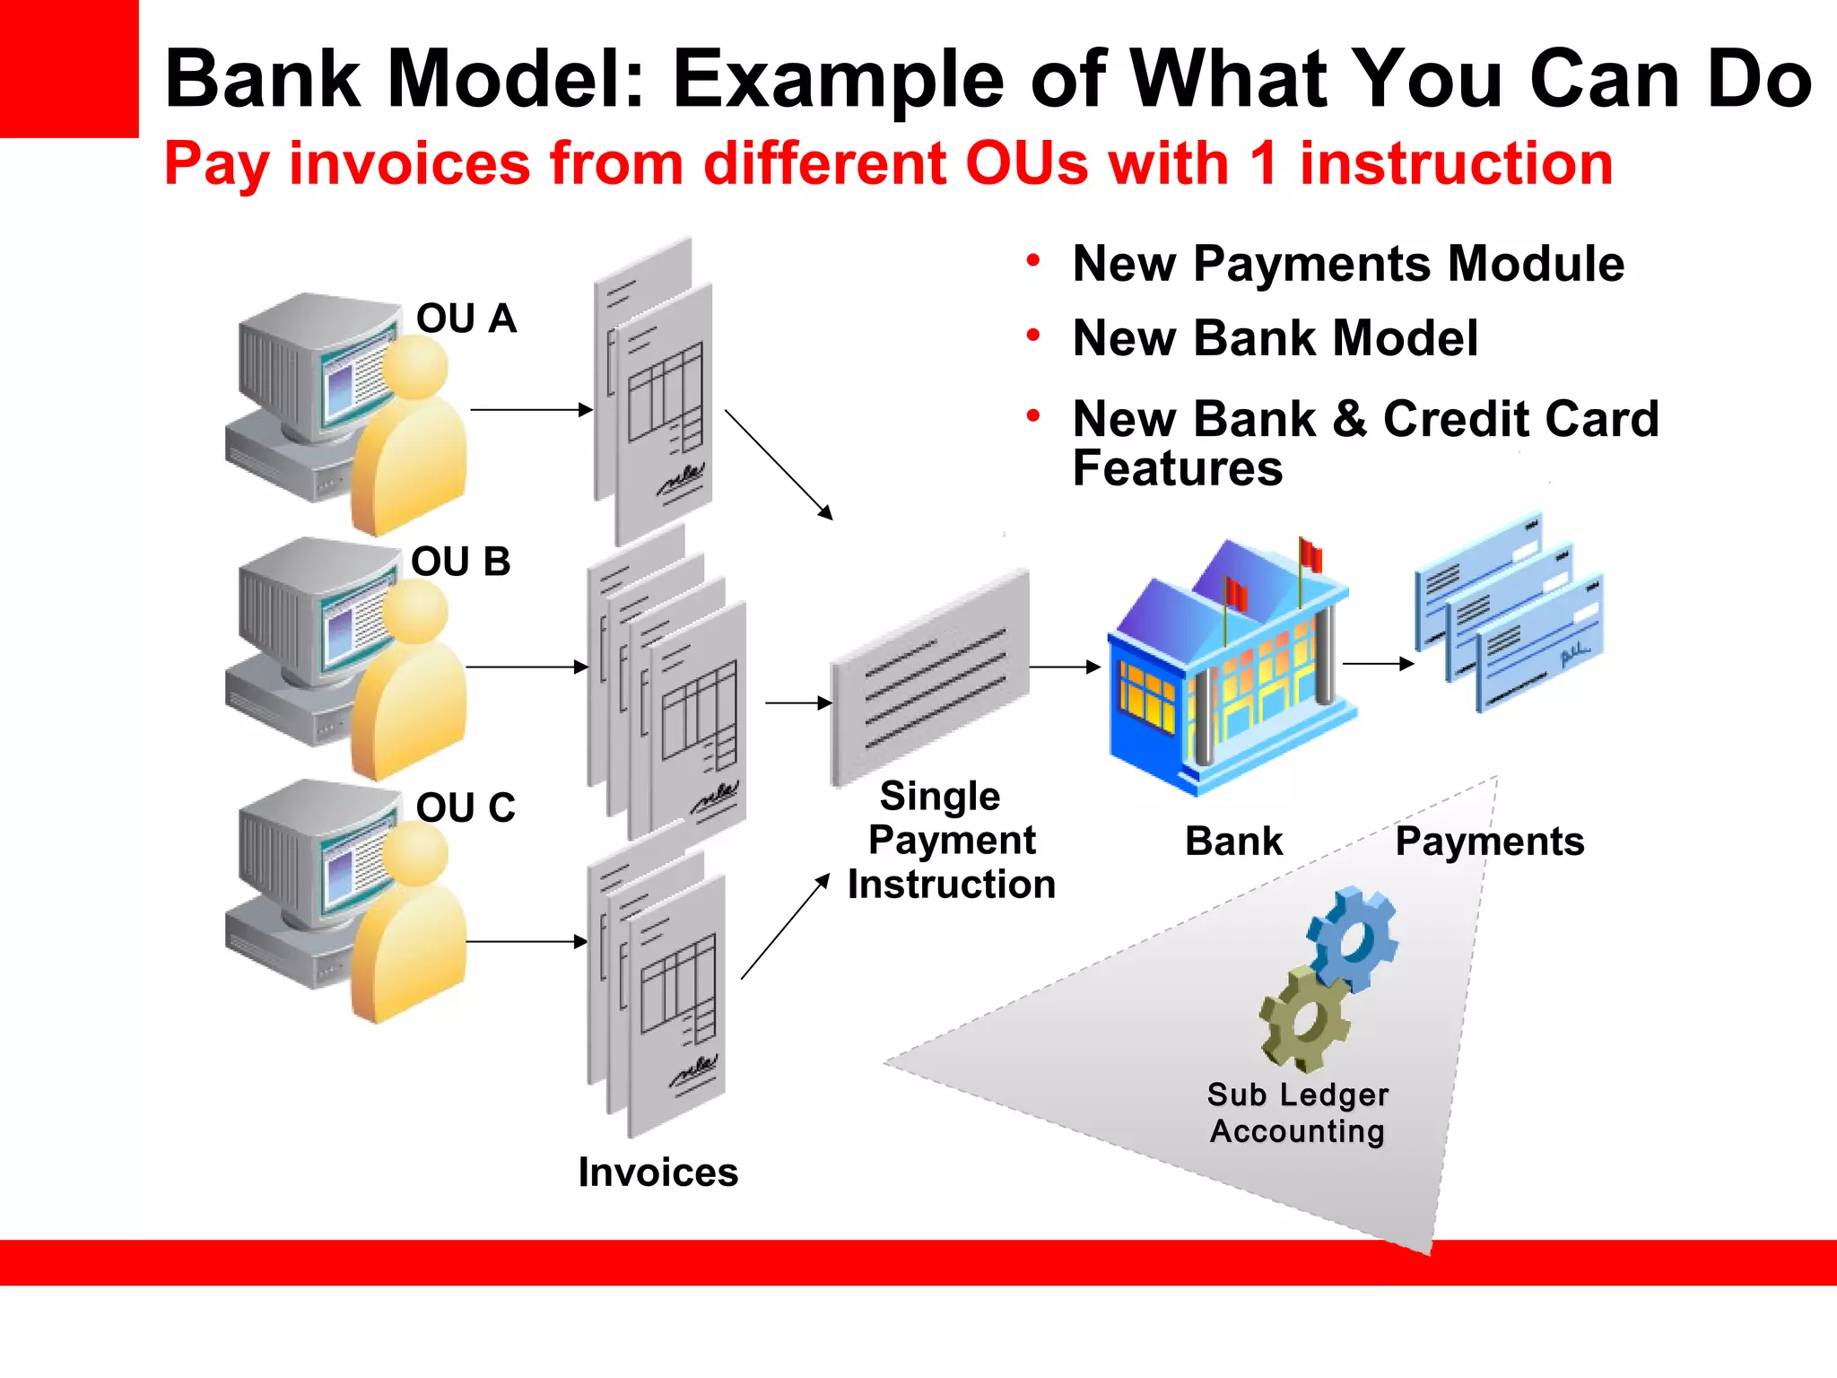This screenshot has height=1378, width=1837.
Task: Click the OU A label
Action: click(x=466, y=319)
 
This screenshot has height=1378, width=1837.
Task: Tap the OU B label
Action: click(x=460, y=563)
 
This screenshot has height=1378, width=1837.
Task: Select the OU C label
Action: click(x=466, y=807)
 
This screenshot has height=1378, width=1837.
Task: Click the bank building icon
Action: click(x=1229, y=668)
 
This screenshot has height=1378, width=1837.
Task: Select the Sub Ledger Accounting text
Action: click(x=1297, y=1112)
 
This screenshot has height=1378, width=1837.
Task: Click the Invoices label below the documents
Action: click(x=657, y=1173)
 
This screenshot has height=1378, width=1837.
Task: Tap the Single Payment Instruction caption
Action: click(x=951, y=840)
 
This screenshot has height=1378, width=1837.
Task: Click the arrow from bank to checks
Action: click(x=1378, y=664)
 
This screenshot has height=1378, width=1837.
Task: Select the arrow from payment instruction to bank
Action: click(x=1064, y=667)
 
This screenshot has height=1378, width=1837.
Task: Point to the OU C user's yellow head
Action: click(x=414, y=853)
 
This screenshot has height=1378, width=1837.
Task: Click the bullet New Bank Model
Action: click(x=1275, y=338)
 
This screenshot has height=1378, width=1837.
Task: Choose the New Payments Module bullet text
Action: click(x=1347, y=264)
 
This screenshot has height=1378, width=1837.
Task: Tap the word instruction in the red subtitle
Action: click(x=1456, y=164)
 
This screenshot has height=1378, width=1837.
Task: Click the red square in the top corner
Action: click(x=68, y=67)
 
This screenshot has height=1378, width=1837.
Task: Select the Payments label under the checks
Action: click(x=1489, y=842)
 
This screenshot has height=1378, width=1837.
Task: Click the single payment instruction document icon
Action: click(x=930, y=676)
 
